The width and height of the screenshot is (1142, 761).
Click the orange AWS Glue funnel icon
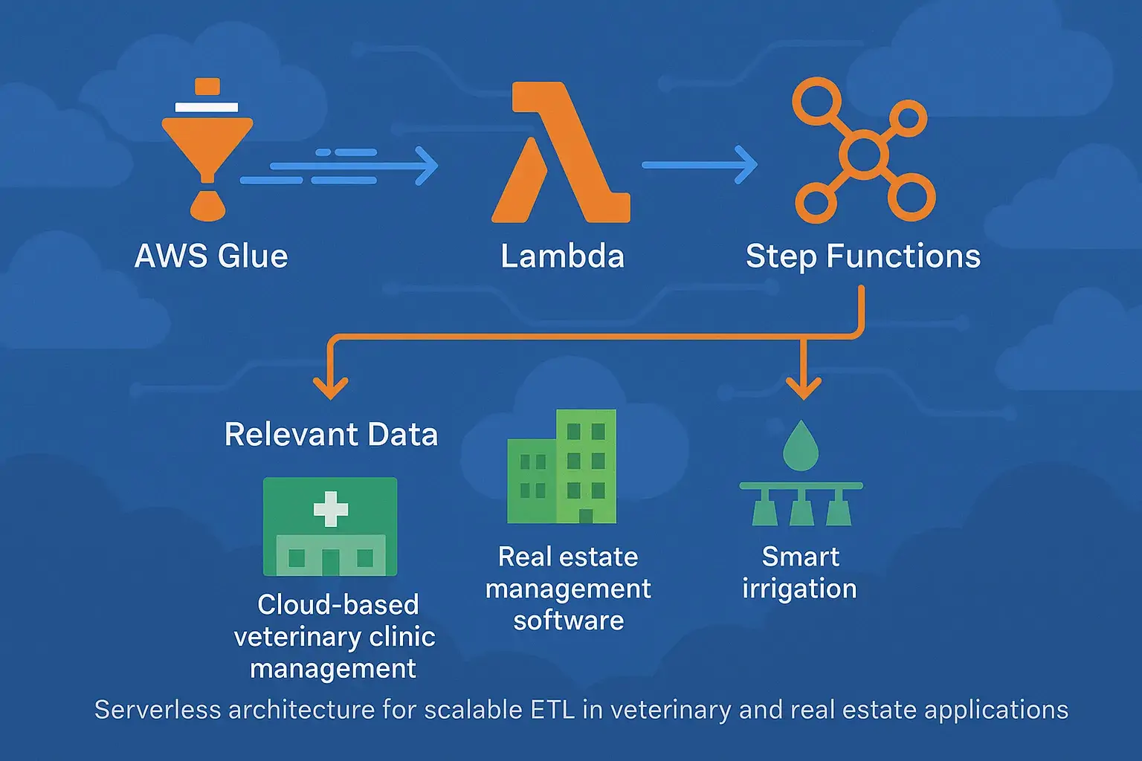[x=206, y=149]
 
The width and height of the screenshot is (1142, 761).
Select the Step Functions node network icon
[x=862, y=152]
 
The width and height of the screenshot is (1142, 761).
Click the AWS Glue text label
[x=211, y=256]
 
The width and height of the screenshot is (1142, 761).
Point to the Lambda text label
[x=562, y=256]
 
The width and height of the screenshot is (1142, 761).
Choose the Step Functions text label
[x=862, y=256]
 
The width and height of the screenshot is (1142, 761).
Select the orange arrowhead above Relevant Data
[x=330, y=386]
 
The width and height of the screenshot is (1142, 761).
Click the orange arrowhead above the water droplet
[x=803, y=386]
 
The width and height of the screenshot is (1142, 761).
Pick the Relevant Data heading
[x=331, y=435]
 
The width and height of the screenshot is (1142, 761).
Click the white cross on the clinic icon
[x=331, y=509]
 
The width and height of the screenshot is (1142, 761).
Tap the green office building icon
[x=562, y=467]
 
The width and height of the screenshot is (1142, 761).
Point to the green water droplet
[x=800, y=446]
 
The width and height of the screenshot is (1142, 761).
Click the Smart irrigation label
[x=800, y=572]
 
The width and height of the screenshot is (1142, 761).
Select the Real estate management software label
[x=568, y=588]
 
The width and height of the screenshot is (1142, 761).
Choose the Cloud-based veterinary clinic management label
[x=335, y=636]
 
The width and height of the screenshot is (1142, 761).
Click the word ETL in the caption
[x=552, y=710]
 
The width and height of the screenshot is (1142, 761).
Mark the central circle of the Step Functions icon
[x=863, y=155]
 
